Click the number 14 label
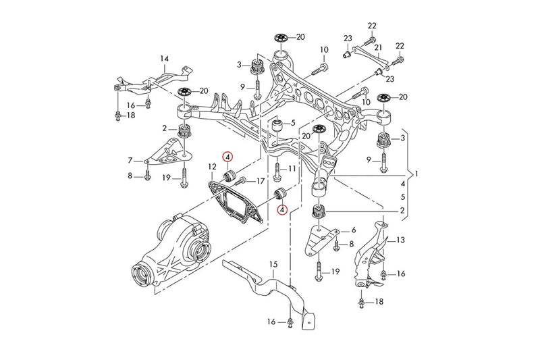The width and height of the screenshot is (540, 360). click(x=165, y=59)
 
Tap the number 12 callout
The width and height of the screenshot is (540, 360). click(x=211, y=166)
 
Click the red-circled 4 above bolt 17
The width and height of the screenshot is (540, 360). click(x=228, y=157)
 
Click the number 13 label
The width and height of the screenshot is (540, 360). click(x=400, y=240)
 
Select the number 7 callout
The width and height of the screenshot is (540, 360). click(x=130, y=161)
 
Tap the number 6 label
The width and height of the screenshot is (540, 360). click(x=353, y=230)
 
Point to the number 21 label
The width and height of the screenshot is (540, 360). click(x=379, y=47)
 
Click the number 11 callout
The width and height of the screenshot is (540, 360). click(x=292, y=168)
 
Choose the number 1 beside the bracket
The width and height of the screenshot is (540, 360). click(x=416, y=174)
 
